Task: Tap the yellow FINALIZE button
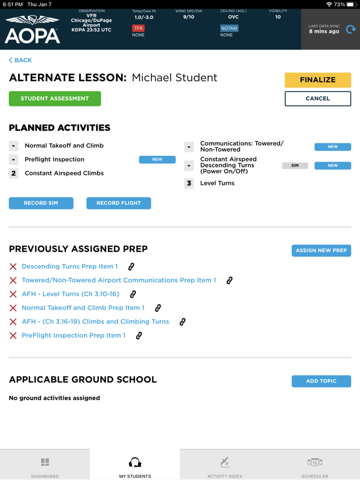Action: (318, 80)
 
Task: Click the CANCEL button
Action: (318, 98)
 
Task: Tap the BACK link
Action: (21, 60)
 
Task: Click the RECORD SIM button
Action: (41, 203)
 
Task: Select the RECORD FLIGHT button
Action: (119, 203)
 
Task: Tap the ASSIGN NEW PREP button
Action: (321, 250)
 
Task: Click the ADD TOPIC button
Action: (321, 381)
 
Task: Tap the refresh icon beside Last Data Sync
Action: (351, 29)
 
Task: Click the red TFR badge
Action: (138, 28)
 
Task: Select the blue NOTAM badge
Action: (229, 28)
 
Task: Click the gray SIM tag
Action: (295, 165)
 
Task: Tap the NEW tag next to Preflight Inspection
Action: (157, 159)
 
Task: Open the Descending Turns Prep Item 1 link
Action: (69, 266)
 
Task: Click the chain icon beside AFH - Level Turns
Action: (133, 294)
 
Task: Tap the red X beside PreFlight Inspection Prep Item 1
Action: (13, 336)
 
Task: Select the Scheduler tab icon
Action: (315, 463)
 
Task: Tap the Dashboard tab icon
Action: (45, 463)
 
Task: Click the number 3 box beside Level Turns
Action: (189, 183)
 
